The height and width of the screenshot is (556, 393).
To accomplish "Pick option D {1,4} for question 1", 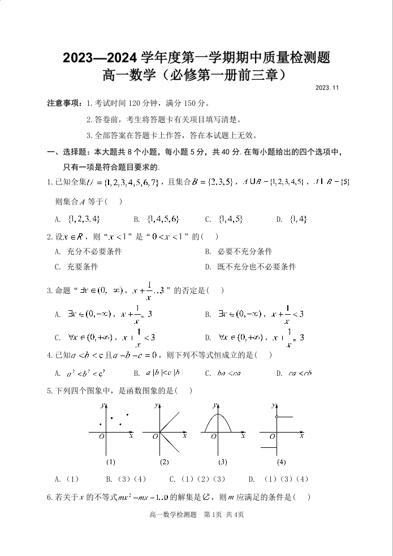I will [292, 219].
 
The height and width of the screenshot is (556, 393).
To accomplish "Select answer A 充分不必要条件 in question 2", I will [88, 251].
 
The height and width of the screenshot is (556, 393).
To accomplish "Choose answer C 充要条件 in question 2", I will [76, 267].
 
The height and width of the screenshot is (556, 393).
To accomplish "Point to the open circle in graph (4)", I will [276, 417].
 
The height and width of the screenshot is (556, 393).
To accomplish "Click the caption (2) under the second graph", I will [164, 462].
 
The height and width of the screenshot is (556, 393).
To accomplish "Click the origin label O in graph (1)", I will [101, 437].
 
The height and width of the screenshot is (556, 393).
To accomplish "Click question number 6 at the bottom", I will [49, 498].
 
